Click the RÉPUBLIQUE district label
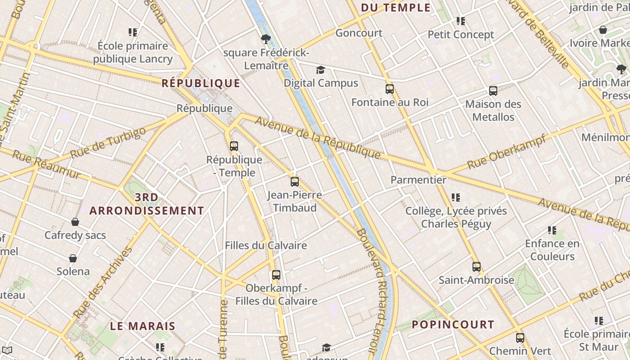201,83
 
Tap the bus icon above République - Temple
234,146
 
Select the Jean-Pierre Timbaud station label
294,201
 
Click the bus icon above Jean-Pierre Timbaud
295,182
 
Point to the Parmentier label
418,180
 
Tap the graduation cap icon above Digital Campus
320,70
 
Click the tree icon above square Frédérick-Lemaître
266,40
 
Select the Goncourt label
359,33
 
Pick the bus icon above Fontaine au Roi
390,89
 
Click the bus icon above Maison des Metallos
493,91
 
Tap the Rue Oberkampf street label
507,151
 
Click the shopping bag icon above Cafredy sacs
75,222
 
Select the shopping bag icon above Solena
73,258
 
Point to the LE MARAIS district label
143,326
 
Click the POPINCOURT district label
453,324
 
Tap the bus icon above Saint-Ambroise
477,267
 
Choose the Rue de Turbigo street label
108,143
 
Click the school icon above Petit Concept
460,21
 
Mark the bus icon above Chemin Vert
520,337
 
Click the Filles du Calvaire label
266,246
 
